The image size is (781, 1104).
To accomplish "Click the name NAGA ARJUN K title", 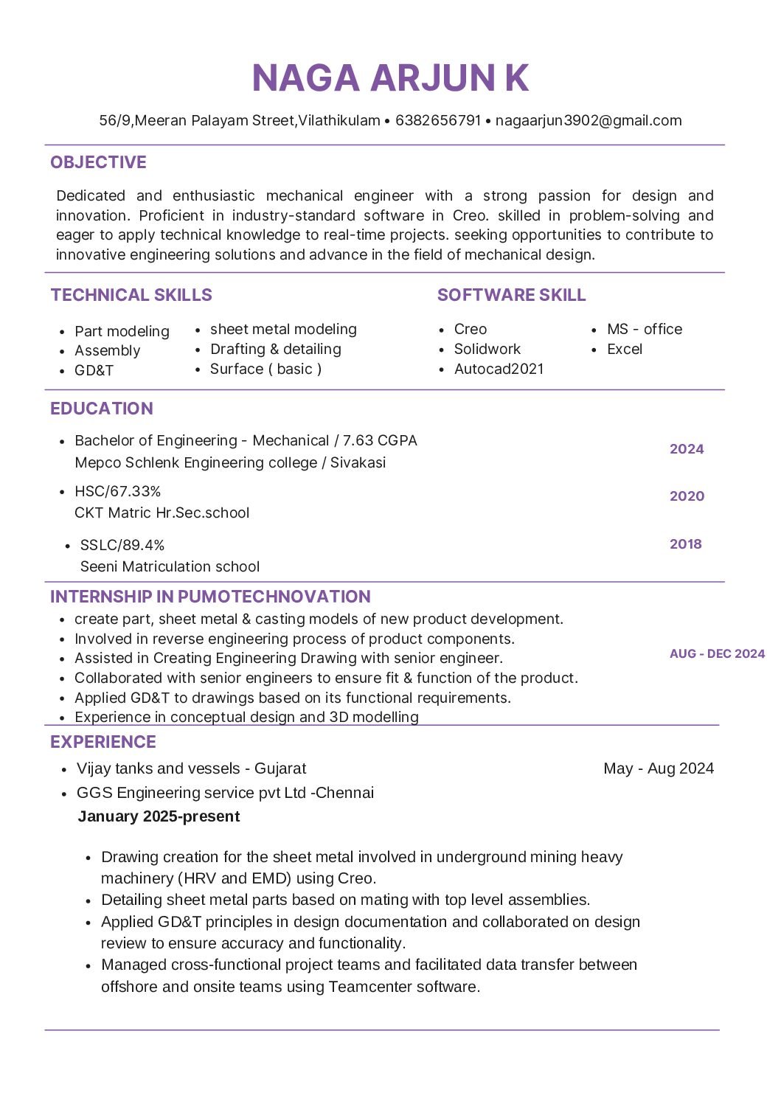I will [390, 78].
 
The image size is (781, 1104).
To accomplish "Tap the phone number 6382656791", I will [438, 120].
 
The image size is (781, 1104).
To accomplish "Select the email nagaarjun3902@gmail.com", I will [589, 120].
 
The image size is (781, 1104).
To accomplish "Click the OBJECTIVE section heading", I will [98, 162].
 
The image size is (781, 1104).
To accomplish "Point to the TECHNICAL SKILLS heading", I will [131, 295].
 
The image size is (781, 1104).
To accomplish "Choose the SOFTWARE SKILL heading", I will [511, 295].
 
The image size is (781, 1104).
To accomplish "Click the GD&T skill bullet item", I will [94, 370].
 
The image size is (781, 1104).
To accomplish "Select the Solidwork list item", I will [487, 349].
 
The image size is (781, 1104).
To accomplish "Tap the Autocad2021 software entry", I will [499, 369].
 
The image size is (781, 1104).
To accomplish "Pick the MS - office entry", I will [644, 329].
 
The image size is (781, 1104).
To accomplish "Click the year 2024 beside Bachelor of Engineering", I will [687, 449].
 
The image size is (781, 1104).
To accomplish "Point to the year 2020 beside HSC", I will [687, 496].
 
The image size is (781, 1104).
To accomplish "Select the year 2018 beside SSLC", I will [685, 544].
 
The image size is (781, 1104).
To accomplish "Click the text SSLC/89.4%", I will [122, 545].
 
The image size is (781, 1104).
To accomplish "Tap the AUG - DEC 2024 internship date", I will [717, 653].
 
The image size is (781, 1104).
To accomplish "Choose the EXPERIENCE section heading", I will [103, 742].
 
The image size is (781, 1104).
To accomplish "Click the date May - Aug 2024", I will [659, 768].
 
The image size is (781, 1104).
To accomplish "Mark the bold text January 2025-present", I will [159, 816].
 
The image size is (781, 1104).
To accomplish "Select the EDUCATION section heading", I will [102, 409].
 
